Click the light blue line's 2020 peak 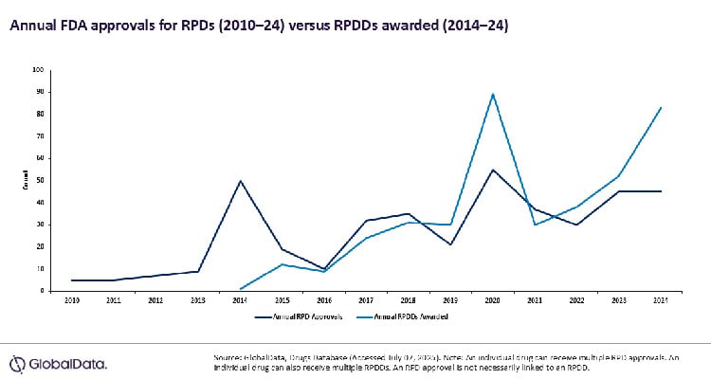tap(491, 94)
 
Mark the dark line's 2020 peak tap(491, 169)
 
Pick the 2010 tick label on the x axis tap(73, 298)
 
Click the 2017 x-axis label tap(367, 298)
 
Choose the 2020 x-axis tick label tap(491, 298)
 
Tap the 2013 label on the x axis tap(197, 298)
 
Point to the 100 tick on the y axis tap(38, 69)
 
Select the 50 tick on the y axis tap(40, 180)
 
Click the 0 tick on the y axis tap(42, 291)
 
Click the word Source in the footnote tap(228, 357)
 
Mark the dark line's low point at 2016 tap(324, 268)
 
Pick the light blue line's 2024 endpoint tap(661, 107)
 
